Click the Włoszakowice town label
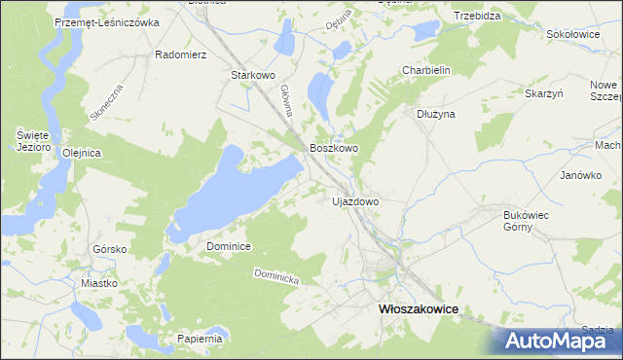(418, 308)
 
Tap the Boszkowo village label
(334, 148)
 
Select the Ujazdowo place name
(355, 201)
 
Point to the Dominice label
(230, 247)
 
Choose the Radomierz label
(181, 54)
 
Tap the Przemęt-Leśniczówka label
(107, 21)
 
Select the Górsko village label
(110, 249)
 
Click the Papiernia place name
(201, 339)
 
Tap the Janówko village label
(577, 176)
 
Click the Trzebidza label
(477, 17)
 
